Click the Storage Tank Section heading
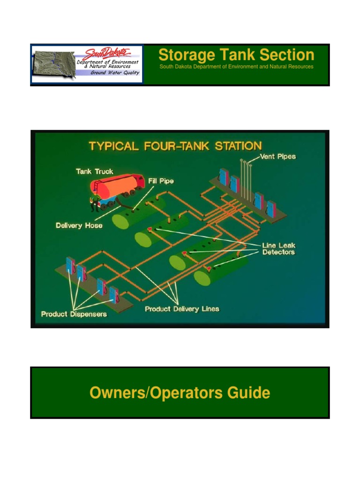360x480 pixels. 236,55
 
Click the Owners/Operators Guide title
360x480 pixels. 180,393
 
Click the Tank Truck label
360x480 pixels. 94,172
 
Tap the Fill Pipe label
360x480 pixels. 161,180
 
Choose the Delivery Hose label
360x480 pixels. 79,225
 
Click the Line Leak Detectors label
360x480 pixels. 278,249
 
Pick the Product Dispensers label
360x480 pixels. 74,314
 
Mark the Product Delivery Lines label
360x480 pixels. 182,309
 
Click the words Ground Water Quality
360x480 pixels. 115,73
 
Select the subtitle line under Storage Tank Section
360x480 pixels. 236,67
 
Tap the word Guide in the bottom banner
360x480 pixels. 253,393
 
